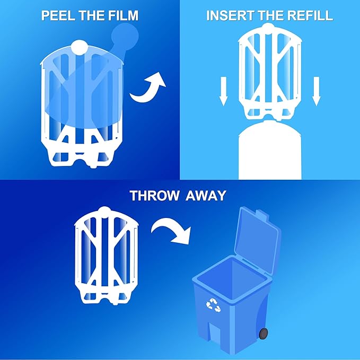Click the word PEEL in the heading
pos(57,15)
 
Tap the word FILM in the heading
pos(123,15)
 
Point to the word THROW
pos(154,195)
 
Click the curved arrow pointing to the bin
pos(170,231)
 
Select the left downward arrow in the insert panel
pos(223,90)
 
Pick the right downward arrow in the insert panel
pos(317,90)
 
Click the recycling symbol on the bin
pos(213,305)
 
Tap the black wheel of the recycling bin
pos(263,333)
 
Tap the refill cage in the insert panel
pos(270,74)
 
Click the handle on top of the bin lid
pos(264,214)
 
